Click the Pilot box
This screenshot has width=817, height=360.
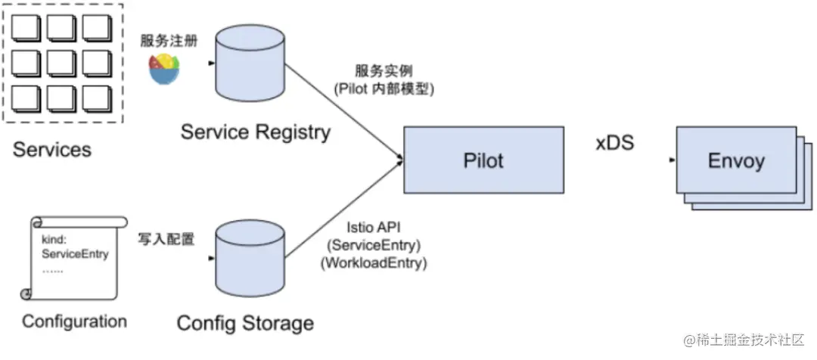[x=483, y=160]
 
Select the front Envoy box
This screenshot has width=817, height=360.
[x=736, y=160]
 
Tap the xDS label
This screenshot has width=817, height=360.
[x=615, y=143]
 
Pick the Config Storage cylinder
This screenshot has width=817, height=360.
[x=250, y=259]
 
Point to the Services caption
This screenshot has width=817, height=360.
[x=52, y=150]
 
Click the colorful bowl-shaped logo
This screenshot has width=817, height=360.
[x=164, y=68]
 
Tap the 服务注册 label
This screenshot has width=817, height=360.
[x=169, y=41]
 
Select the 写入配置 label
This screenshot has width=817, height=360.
[x=166, y=239]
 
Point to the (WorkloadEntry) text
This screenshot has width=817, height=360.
[x=374, y=263]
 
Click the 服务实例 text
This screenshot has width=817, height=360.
[x=384, y=70]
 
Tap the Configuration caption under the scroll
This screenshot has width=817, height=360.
[x=74, y=321]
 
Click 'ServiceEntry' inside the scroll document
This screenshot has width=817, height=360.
[x=75, y=254]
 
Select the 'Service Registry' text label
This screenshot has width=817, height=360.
[x=256, y=132]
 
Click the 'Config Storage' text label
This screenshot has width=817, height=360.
[x=245, y=323]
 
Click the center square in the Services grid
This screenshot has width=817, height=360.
[x=61, y=64]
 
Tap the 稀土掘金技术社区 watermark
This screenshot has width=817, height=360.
[x=744, y=340]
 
